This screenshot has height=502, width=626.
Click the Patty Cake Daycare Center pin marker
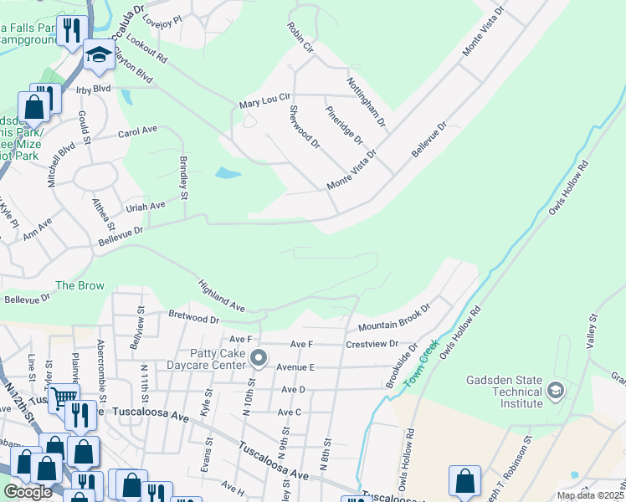click(x=259, y=359)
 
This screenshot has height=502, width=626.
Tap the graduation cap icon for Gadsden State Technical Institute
click(x=554, y=389)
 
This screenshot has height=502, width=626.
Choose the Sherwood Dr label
click(x=305, y=126)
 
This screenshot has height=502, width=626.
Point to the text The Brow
click(x=80, y=285)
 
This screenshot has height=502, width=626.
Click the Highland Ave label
click(x=221, y=297)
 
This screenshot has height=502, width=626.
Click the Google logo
click(x=28, y=492)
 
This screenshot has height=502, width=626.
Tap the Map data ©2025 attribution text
click(x=590, y=495)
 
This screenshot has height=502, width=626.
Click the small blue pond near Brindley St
click(x=227, y=174)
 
